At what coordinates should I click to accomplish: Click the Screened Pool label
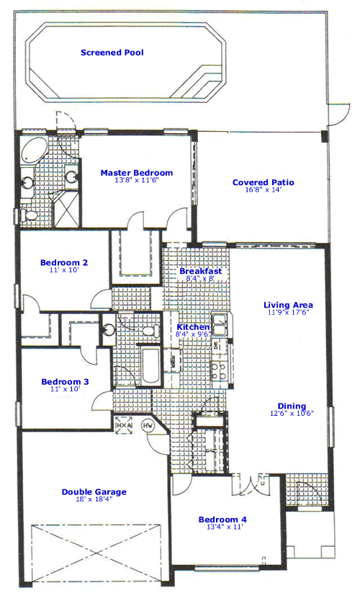click(112, 53)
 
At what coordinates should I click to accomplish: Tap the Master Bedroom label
click(137, 173)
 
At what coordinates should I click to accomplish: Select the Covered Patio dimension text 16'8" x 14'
click(263, 192)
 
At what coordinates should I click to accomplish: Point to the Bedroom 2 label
click(64, 263)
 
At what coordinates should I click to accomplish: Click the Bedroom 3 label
click(64, 382)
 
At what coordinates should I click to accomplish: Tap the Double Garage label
click(94, 492)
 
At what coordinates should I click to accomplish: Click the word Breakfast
click(200, 271)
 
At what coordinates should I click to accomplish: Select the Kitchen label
click(193, 327)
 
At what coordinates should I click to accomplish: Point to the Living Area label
click(287, 305)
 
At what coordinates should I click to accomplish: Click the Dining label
click(292, 406)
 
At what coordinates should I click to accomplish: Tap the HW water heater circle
click(150, 427)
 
